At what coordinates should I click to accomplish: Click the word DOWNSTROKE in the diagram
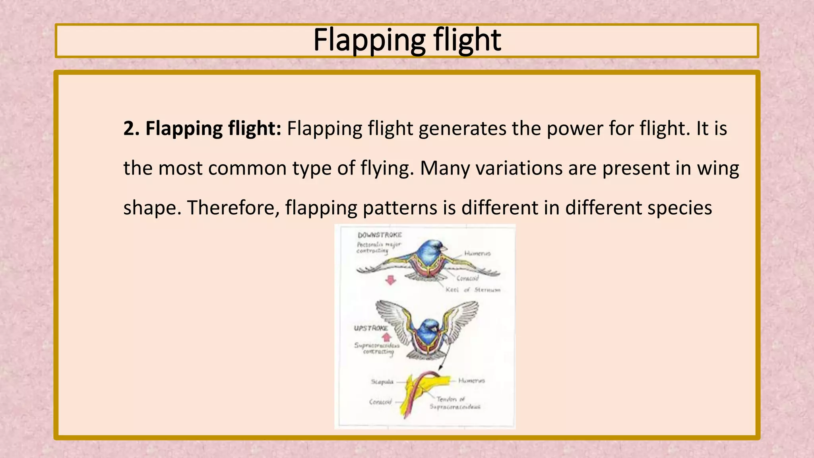coord(380,235)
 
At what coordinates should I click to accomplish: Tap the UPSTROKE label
coord(371,328)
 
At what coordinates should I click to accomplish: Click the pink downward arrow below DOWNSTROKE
coord(391,280)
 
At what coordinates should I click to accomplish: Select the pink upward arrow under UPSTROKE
coord(386,338)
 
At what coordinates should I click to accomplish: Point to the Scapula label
coord(382,382)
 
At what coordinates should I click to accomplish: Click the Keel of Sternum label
coord(473,290)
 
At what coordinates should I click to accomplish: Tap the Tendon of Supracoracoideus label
coord(455,403)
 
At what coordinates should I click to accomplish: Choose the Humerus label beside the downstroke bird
coord(477,253)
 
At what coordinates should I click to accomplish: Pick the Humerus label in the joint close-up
coord(471,380)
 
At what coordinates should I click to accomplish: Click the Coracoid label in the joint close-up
coord(380,402)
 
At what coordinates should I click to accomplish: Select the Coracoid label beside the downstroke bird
coord(467,278)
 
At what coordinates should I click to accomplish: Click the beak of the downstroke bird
coord(444,249)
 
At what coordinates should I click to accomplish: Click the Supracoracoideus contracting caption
coord(377,348)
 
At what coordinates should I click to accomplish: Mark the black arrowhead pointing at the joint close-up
coord(440,368)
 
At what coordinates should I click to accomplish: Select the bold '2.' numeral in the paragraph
coord(131,128)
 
